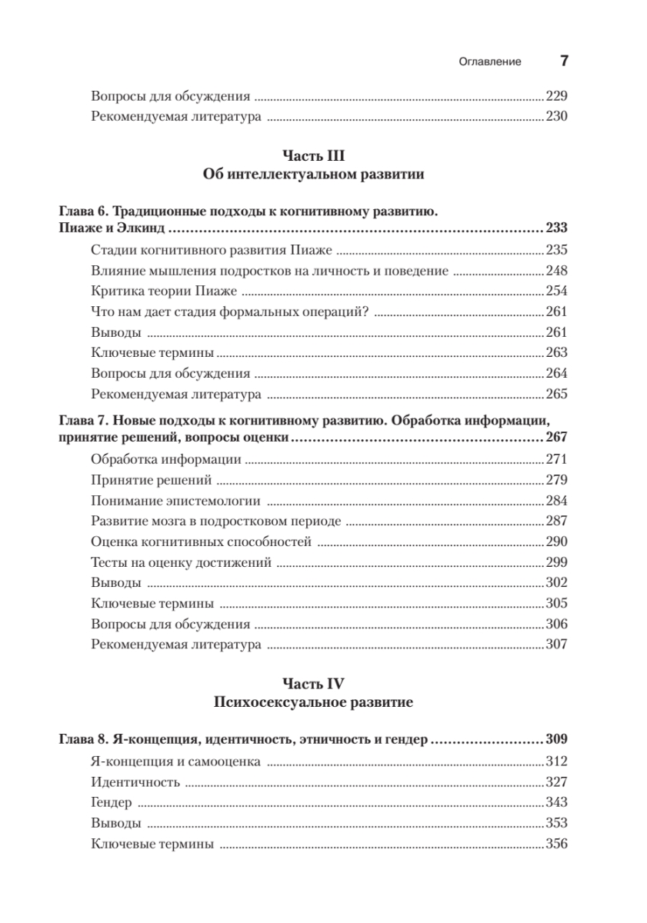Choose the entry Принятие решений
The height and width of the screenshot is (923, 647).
point(152,481)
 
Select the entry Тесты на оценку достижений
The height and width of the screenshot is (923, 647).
point(181,563)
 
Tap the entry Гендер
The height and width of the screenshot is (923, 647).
point(112,802)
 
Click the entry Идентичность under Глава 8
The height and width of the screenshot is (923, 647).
point(135,781)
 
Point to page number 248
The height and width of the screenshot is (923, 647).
point(555,271)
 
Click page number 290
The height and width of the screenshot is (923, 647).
point(555,542)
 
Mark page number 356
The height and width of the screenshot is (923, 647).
point(555,844)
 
